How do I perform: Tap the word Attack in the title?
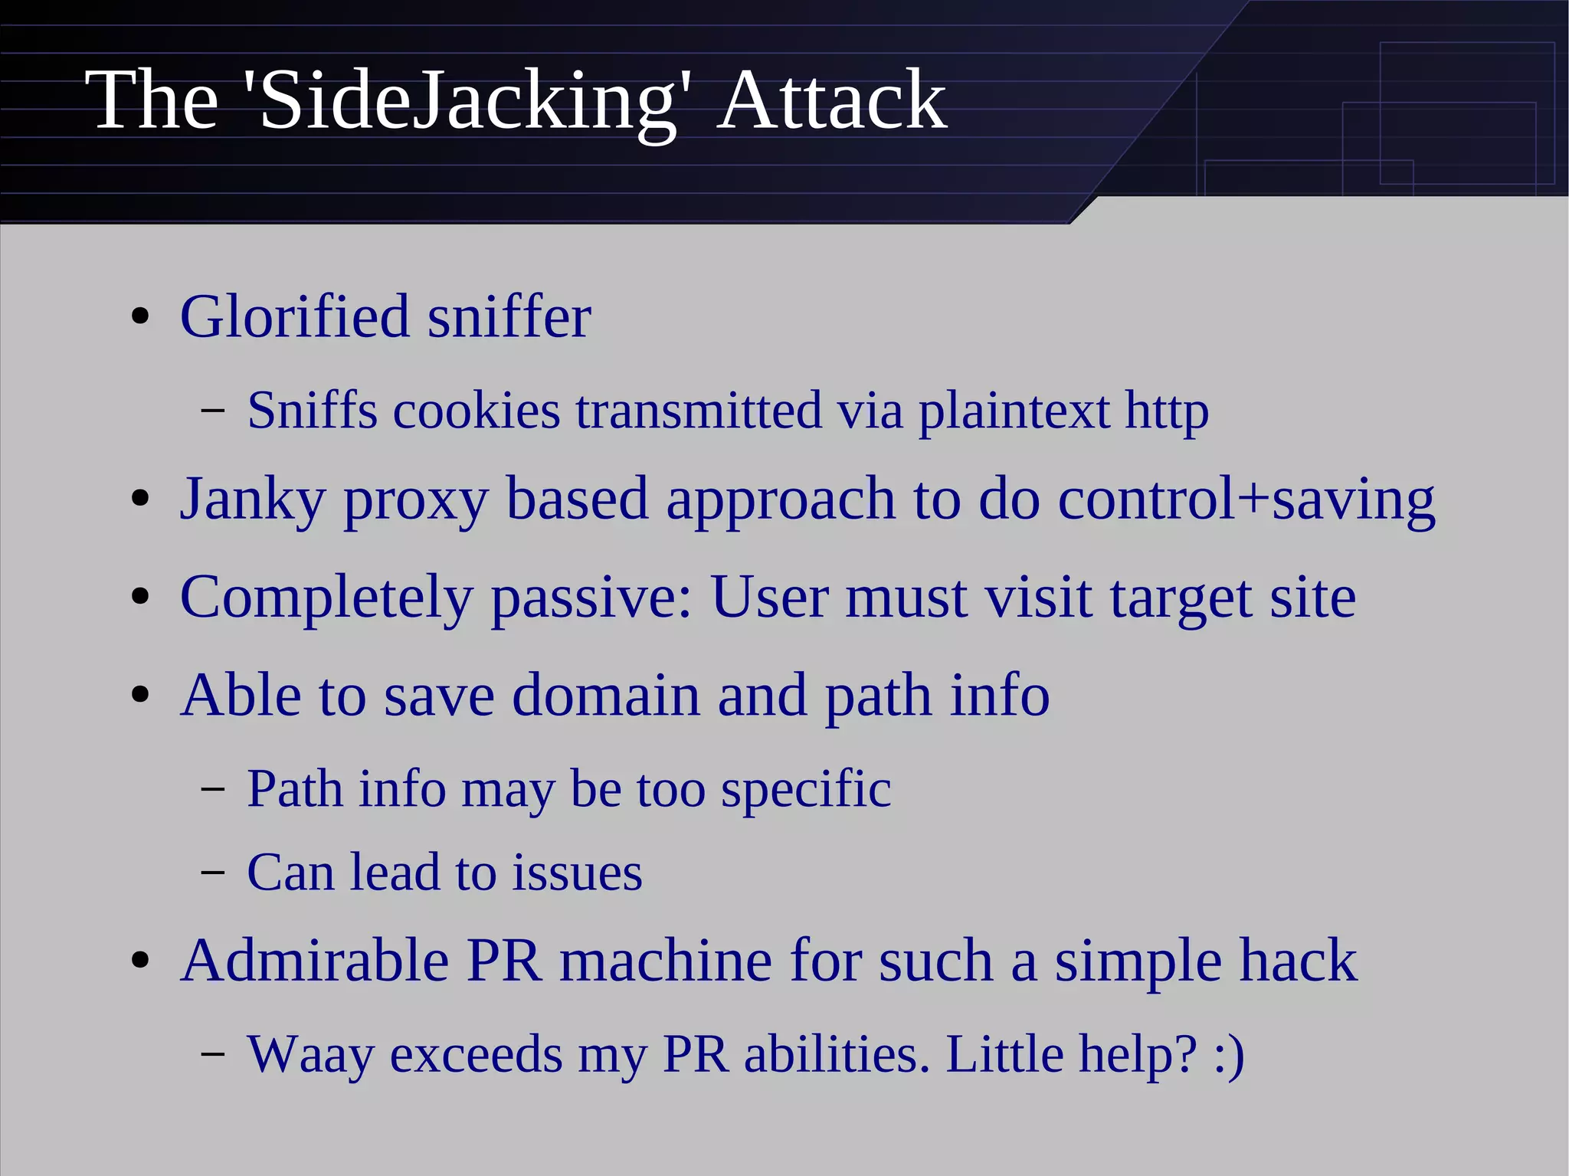[832, 101]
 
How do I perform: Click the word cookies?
[477, 411]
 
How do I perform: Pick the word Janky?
[253, 500]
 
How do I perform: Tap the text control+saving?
[1246, 500]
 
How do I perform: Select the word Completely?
[326, 598]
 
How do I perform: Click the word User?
[769, 598]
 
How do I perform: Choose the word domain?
[605, 696]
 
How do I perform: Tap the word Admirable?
[315, 961]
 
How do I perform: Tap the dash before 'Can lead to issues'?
[212, 873]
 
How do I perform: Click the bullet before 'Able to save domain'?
[139, 696]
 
